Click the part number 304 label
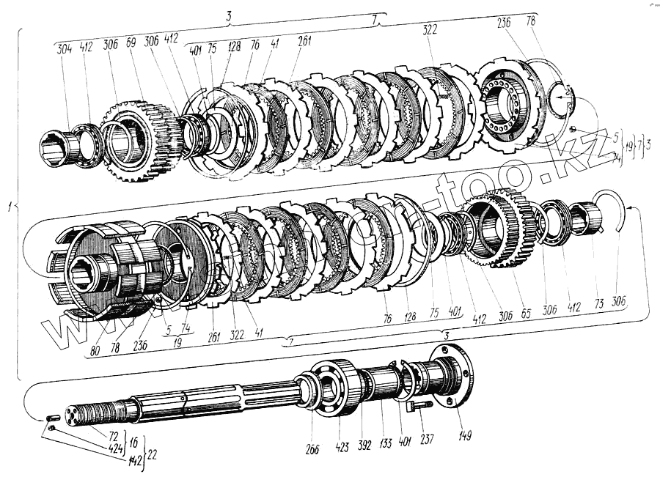63,49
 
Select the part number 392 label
364,443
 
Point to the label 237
425,440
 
